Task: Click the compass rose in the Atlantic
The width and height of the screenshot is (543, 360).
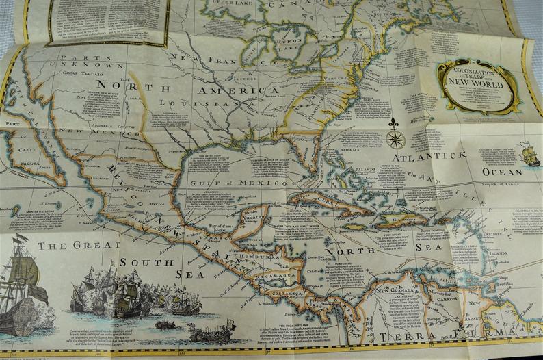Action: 395,139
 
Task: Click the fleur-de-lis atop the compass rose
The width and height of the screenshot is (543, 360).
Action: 395,123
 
